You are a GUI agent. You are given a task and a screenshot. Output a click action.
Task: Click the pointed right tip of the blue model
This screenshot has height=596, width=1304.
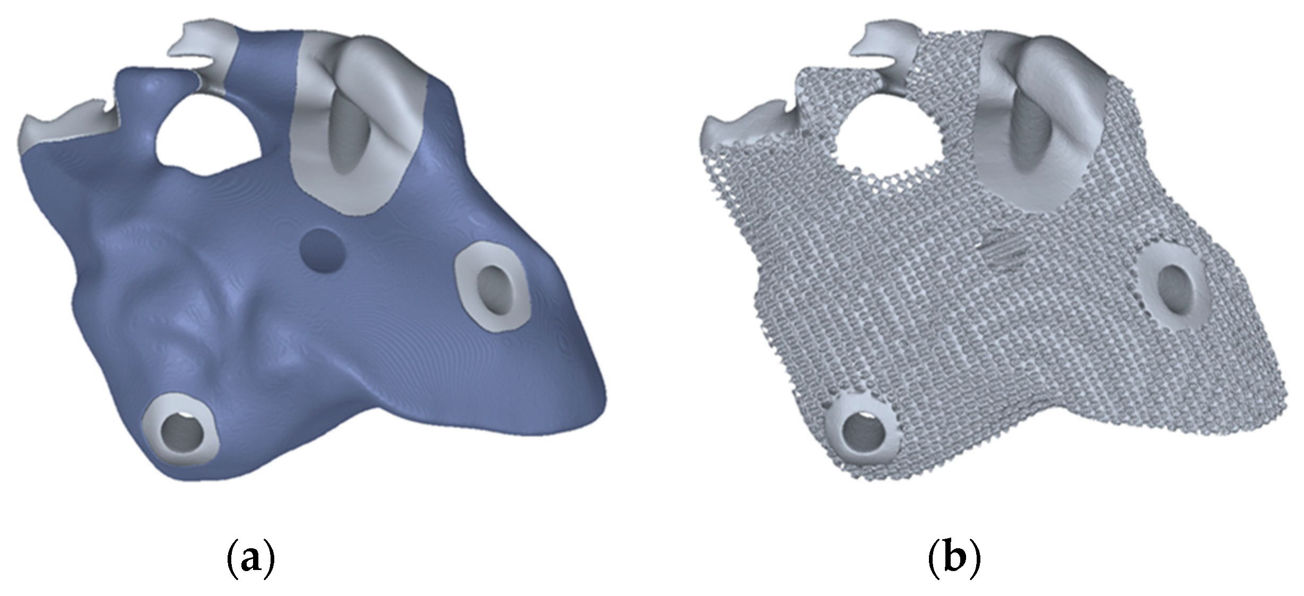(x=599, y=395)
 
